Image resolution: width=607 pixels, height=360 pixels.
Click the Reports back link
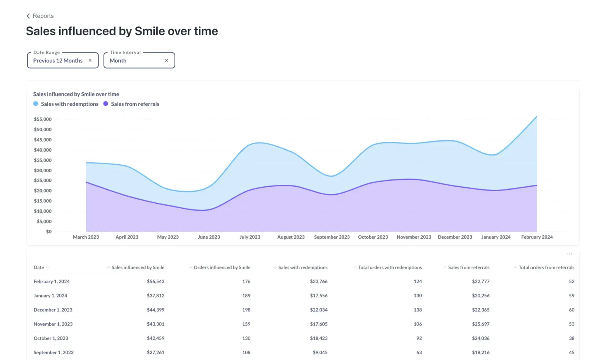pyautogui.click(x=40, y=16)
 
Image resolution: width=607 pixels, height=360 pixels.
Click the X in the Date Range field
pyautogui.click(x=90, y=60)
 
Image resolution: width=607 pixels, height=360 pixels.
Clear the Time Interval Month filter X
pyautogui.click(x=167, y=60)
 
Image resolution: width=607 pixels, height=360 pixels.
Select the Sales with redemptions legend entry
pyautogui.click(x=69, y=104)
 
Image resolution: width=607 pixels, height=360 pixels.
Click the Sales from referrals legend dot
pyautogui.click(x=105, y=104)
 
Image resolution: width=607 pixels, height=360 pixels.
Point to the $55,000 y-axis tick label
pyautogui.click(x=43, y=119)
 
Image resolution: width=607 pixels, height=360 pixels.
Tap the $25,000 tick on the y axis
pyautogui.click(x=43, y=181)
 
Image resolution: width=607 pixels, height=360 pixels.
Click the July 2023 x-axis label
pyautogui.click(x=250, y=237)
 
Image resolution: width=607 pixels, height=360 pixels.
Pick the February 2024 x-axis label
pyautogui.click(x=536, y=237)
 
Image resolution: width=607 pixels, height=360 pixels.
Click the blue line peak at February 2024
pyautogui.click(x=536, y=116)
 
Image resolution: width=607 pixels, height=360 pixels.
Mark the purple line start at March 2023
pyautogui.click(x=86, y=182)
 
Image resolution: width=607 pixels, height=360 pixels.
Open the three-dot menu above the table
pyautogui.click(x=569, y=254)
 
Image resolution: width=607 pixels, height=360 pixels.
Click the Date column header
pyautogui.click(x=39, y=267)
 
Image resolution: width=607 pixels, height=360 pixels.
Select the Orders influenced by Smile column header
pyautogui.click(x=222, y=267)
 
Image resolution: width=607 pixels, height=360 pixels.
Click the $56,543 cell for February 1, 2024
pyautogui.click(x=156, y=281)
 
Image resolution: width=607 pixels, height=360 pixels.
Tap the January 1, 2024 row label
pyautogui.click(x=50, y=296)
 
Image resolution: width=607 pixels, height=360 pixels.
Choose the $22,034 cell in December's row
pyautogui.click(x=319, y=310)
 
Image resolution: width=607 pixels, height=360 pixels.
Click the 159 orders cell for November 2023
pyautogui.click(x=246, y=324)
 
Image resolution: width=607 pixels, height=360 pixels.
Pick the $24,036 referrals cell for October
pyautogui.click(x=481, y=338)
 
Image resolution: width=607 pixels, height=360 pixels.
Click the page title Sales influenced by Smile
pyautogui.click(x=122, y=31)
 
